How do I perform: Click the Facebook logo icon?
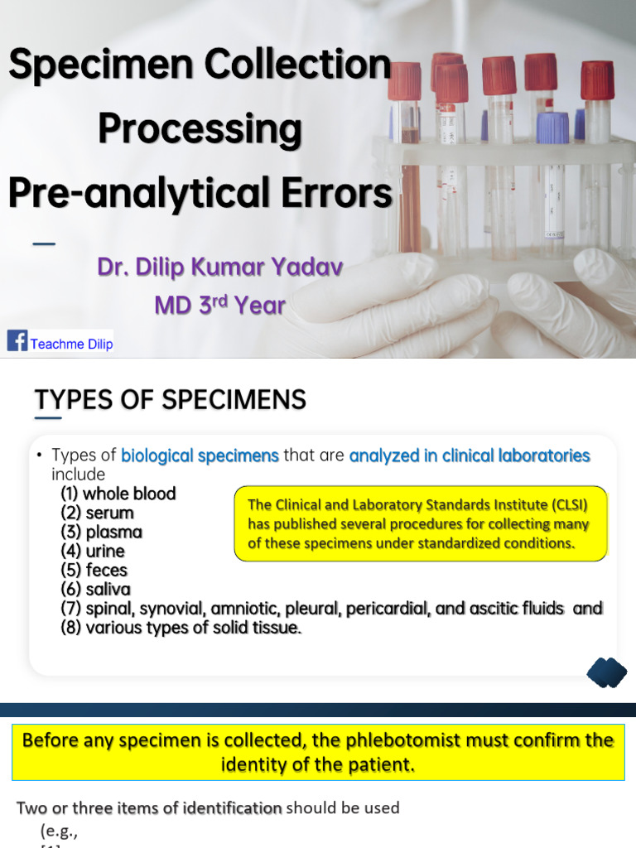click(x=17, y=340)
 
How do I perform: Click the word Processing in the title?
click(x=200, y=129)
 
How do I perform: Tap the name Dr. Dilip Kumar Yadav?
click(x=219, y=267)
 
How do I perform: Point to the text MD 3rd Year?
click(x=219, y=305)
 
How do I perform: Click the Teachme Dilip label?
click(x=71, y=344)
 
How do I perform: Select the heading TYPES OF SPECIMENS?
click(x=171, y=400)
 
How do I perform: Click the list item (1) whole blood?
click(x=118, y=494)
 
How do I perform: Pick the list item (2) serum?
click(x=97, y=513)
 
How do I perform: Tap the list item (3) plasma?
click(x=101, y=532)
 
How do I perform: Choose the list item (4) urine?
click(x=93, y=551)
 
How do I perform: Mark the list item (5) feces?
click(x=94, y=570)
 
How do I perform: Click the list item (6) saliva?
click(x=94, y=589)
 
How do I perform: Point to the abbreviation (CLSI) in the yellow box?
click(x=565, y=504)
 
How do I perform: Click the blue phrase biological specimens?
click(x=200, y=455)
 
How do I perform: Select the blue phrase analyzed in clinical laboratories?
click(x=470, y=455)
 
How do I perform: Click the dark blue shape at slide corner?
click(x=606, y=672)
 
